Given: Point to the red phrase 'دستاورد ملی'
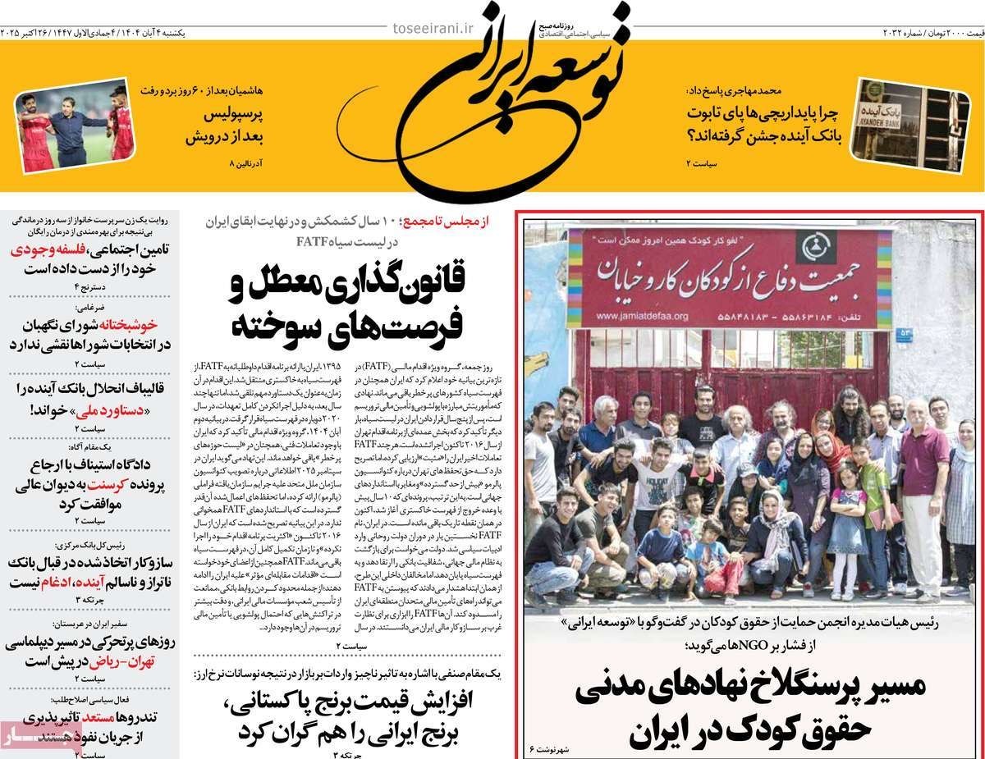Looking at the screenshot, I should [x=71, y=409].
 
